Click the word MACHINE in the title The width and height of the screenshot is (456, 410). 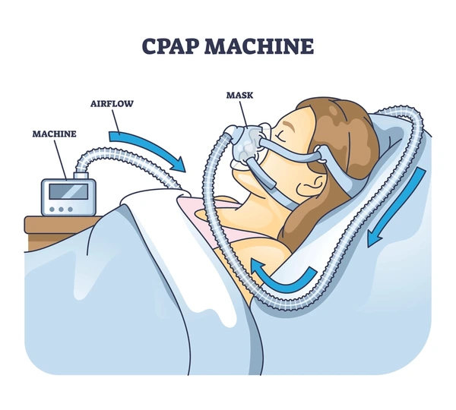(x=259, y=46)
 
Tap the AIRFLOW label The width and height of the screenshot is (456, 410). (x=112, y=104)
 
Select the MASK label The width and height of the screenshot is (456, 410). (x=240, y=95)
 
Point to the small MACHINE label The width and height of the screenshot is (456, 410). (x=55, y=134)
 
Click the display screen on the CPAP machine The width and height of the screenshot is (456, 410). (x=68, y=191)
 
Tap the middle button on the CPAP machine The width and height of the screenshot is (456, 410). (x=61, y=210)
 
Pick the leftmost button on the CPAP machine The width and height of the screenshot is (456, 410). (x=52, y=210)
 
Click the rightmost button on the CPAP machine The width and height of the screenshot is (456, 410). (x=71, y=210)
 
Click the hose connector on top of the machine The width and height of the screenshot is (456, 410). (x=81, y=175)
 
